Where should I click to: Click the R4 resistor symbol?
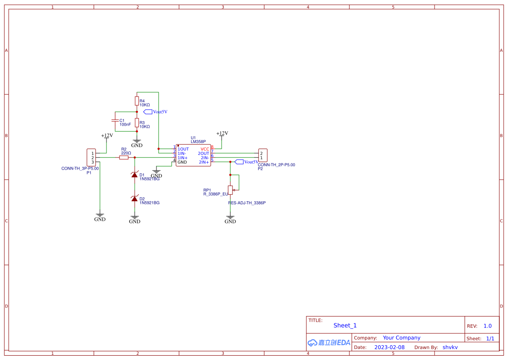coord(136,101)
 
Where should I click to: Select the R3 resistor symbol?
coord(136,123)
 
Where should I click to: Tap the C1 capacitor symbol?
coord(115,120)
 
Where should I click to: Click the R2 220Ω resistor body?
coord(124,157)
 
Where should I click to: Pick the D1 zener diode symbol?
coord(135,175)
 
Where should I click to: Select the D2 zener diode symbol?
coord(135,198)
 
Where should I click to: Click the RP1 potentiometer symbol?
coord(230,189)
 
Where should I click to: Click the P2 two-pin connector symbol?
coord(262,155)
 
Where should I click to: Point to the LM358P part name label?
coord(198,142)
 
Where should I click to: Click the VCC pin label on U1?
coord(205,149)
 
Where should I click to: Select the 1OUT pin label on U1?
coord(183,149)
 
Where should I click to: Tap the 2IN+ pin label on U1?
coord(204,162)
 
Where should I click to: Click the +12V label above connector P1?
coord(107,135)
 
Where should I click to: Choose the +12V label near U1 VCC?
coord(222,133)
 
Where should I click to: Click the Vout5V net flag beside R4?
coord(155,112)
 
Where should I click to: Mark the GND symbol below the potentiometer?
coord(230,220)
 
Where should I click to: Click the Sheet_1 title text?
coord(345,325)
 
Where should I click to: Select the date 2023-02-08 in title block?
coord(389,347)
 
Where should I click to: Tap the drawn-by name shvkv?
coord(450,347)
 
